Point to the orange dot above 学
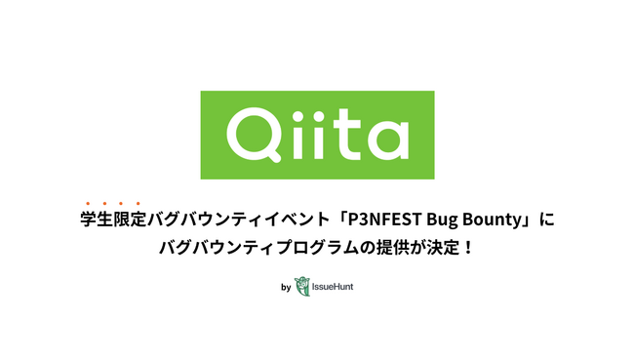click(89, 203)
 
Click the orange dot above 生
click(105, 203)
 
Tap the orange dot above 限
click(122, 203)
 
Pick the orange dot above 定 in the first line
click(139, 203)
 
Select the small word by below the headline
click(285, 288)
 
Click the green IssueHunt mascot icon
click(302, 287)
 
